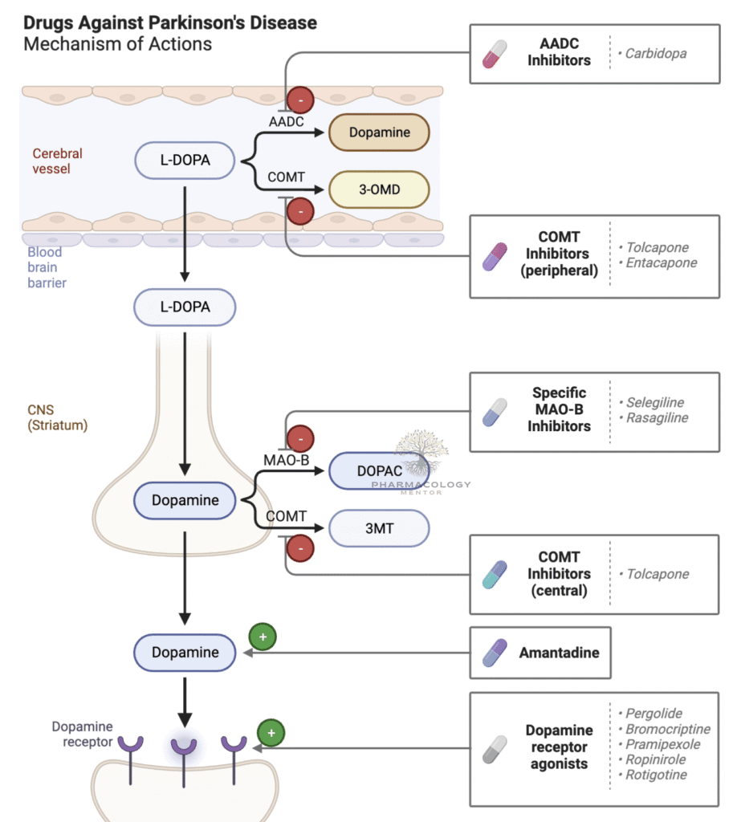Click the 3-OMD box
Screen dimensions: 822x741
379,189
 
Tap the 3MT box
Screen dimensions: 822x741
379,529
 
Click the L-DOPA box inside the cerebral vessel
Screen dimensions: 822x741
185,161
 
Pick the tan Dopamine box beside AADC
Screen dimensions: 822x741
379,132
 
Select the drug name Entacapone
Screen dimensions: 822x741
661,262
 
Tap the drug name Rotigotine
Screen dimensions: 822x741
657,775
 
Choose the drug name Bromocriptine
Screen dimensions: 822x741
666,729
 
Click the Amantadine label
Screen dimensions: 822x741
559,653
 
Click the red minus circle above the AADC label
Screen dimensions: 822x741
300,100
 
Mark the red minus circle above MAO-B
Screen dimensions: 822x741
300,438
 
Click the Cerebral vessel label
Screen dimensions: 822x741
57,161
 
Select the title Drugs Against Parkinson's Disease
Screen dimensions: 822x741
170,22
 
